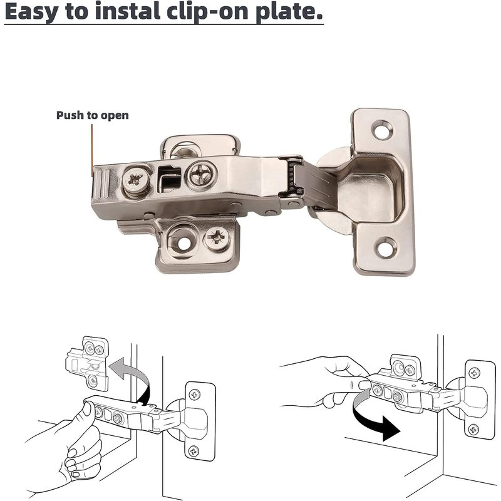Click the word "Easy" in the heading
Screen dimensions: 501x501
pos(32,11)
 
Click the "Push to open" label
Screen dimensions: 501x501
pos(92,115)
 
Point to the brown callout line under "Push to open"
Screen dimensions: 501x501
pos(92,150)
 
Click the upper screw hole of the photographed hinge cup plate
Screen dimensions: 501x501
pos(383,129)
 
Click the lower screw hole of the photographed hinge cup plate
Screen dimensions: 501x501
pos(385,247)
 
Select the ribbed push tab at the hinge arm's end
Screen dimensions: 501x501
pos(101,185)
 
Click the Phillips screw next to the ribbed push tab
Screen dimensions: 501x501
pos(137,180)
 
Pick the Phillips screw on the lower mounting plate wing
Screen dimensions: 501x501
pos(217,238)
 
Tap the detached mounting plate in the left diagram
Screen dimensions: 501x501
pos(87,363)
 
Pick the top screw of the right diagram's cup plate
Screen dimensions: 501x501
pos(474,373)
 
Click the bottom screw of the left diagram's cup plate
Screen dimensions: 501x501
pos(194,451)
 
